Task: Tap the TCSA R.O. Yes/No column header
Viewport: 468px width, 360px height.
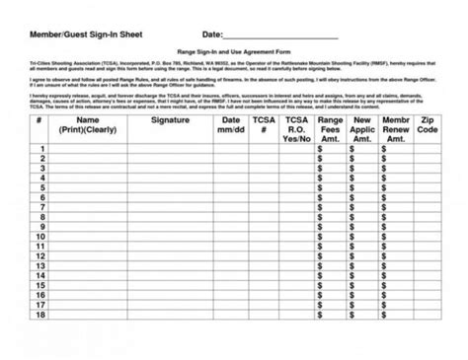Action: [297, 129]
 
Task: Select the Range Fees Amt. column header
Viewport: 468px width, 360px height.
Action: [332, 129]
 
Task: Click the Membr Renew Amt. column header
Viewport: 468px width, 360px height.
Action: [396, 129]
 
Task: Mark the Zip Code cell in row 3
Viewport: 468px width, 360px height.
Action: [427, 169]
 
